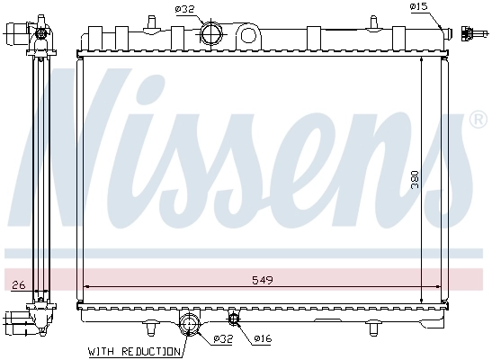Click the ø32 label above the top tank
click(186, 10)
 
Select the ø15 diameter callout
click(417, 7)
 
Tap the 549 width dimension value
click(262, 280)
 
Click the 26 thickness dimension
click(17, 285)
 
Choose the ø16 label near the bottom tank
click(262, 339)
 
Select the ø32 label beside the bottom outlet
click(222, 339)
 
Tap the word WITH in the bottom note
click(102, 351)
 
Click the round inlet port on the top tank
click(210, 33)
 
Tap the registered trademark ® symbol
click(479, 120)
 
